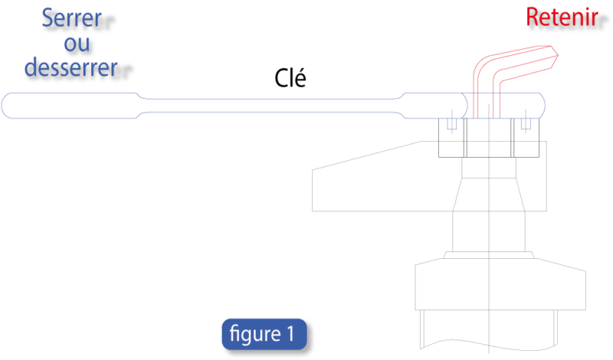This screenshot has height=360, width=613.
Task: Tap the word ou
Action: pos(77,43)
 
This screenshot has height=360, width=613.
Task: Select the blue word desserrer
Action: pos(71,67)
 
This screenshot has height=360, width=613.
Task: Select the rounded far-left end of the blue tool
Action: pos(6,105)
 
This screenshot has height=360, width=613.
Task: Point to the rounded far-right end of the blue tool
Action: pos(542,105)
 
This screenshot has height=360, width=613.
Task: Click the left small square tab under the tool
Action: pos(452,123)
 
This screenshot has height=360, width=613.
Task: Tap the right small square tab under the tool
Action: pos(526,123)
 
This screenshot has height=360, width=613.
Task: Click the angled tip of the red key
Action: pos(552,54)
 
